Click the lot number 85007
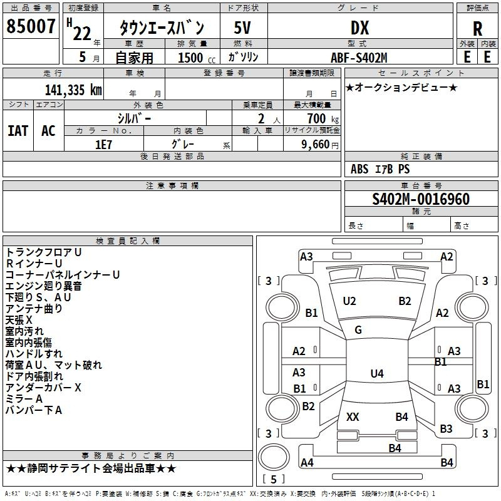tap(30, 27)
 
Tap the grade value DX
tap(359, 28)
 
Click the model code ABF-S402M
tap(359, 58)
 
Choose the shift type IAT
tap(18, 130)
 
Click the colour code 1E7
tap(103, 144)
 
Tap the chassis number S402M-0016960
tap(421, 199)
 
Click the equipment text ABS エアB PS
tap(380, 169)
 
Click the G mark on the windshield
tap(358, 329)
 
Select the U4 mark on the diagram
tap(376, 374)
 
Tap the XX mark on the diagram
tap(353, 417)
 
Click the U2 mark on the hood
tap(349, 301)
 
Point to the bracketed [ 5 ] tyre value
tap(273, 479)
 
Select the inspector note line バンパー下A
tap(34, 410)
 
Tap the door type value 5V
tap(243, 28)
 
